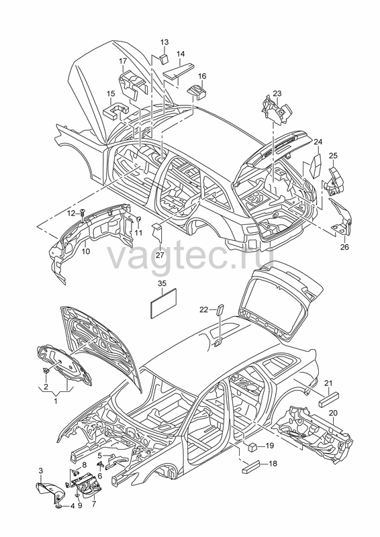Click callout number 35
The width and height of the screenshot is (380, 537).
pos(162,283)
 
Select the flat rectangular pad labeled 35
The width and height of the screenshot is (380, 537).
pos(164,303)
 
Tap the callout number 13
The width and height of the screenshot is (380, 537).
pos(164,42)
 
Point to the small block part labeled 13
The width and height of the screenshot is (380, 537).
pos(164,58)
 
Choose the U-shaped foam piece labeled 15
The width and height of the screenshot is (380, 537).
pos(115,110)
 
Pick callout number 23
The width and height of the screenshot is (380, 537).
pos(277,93)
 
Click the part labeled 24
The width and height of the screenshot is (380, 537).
pos(316,166)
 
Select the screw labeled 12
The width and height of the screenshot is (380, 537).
pos(82,213)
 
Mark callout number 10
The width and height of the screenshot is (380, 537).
pos(86,251)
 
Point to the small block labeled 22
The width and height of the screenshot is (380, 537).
pos(220,310)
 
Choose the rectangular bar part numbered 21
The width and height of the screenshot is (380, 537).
pos(328,399)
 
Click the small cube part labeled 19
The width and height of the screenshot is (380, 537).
pos(253,446)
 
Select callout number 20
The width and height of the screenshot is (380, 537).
pos(333,413)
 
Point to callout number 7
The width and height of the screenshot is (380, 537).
pos(94,504)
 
